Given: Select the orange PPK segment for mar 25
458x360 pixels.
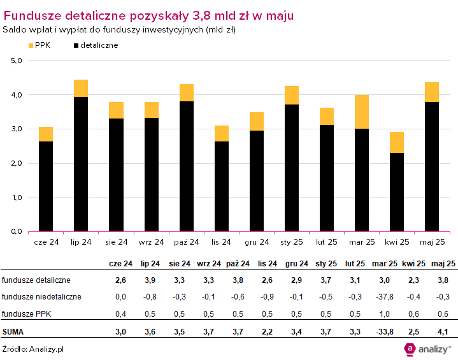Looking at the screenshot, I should coord(362,112).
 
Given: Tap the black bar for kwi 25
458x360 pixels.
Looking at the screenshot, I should coord(397,192).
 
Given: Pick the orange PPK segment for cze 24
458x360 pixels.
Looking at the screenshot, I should coord(46,134).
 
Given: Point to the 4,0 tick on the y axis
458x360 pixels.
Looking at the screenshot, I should coord(17,95).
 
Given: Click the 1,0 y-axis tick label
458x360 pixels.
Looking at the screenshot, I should coord(17,198).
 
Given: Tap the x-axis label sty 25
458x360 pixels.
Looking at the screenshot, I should coord(291,242).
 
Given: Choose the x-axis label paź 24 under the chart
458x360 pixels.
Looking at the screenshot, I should coord(186,242).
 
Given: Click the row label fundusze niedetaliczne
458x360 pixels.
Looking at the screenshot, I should coord(41,296).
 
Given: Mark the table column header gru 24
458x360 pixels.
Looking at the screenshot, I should coord(297,264).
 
